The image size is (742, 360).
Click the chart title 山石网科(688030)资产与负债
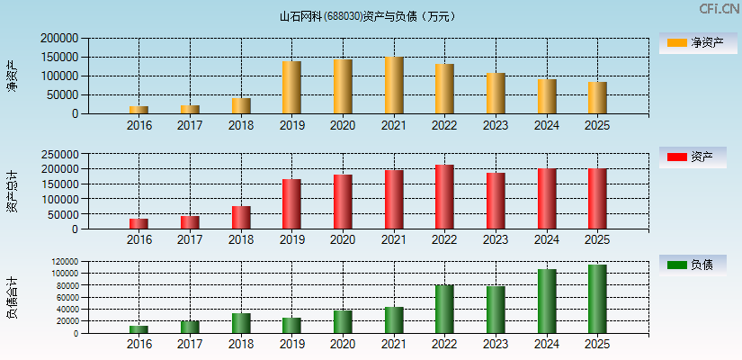point(368,15)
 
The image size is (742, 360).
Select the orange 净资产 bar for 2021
point(394,85)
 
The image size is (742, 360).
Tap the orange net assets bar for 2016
point(139,110)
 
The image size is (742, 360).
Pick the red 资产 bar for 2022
point(444,197)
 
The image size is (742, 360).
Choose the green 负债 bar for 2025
point(597,299)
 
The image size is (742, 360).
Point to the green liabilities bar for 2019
point(291,325)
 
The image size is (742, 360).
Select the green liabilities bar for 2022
point(444,309)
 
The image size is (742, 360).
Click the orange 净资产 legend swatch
point(676,43)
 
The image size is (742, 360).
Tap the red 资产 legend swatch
point(676,157)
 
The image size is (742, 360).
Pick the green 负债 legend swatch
point(676,265)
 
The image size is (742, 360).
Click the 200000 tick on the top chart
point(59,39)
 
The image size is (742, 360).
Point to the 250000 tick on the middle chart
point(59,154)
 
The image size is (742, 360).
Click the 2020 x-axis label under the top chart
point(343,125)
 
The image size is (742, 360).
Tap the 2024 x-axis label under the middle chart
point(547,239)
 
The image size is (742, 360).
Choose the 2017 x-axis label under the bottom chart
point(190,345)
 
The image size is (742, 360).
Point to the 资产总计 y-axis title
point(12,191)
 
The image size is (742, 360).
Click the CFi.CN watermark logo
point(720,9)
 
